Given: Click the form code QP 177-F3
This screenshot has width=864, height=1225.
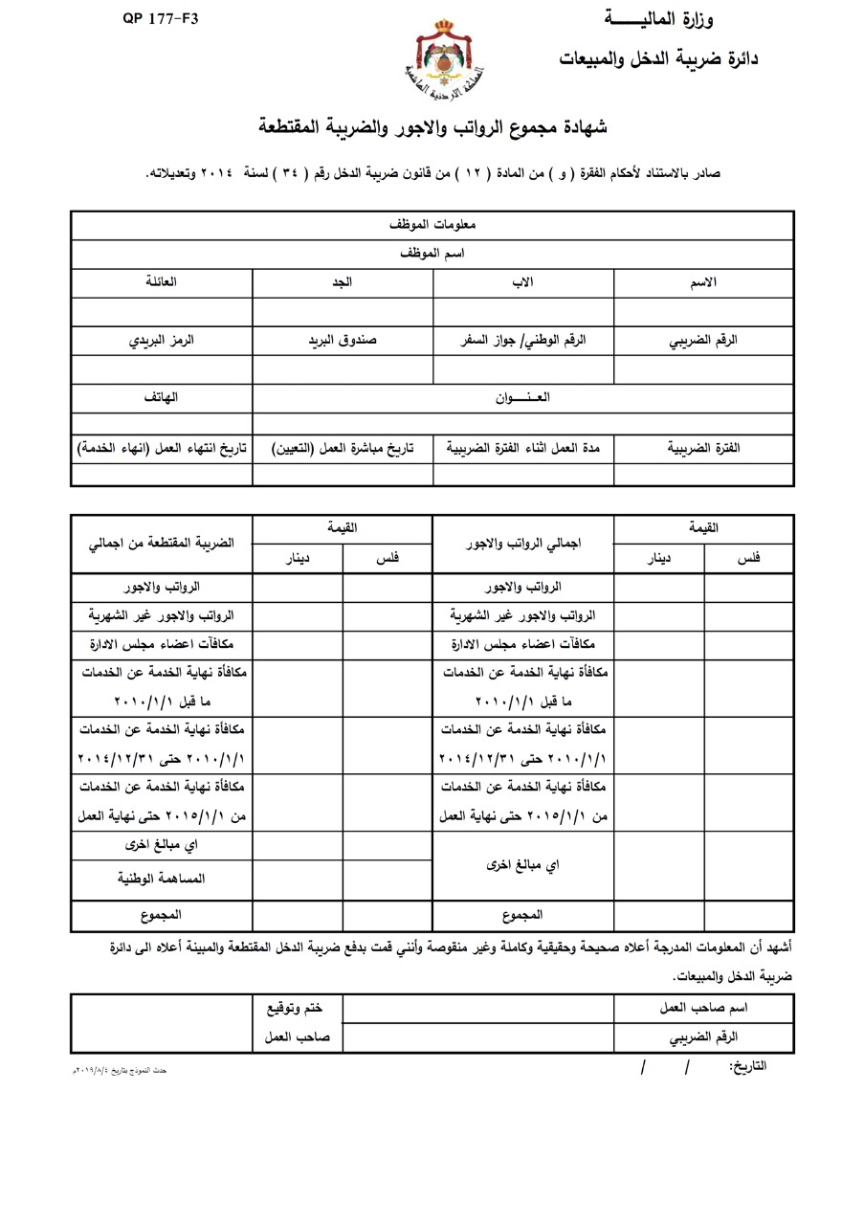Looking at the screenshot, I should pos(160,18).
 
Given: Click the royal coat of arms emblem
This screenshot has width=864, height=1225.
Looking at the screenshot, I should pos(443,58).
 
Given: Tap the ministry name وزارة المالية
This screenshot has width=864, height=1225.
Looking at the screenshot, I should pos(658,19).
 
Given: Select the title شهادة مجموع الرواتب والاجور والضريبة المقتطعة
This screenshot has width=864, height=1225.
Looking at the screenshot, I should pos(433,127).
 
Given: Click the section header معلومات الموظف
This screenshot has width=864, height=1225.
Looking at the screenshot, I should pos(432,225).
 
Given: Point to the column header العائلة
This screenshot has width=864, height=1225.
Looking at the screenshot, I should pos(161,283).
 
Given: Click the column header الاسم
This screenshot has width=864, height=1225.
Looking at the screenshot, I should pos(703,283).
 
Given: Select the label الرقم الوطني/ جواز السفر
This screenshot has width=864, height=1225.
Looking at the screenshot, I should pos(523,341).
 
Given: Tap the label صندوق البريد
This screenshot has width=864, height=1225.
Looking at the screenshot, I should pos(342,341).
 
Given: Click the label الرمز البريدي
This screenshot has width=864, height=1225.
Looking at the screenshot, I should pos(162,341).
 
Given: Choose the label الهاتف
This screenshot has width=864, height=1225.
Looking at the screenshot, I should pos(162,397).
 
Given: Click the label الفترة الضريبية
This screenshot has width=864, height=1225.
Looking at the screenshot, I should pos(703,448).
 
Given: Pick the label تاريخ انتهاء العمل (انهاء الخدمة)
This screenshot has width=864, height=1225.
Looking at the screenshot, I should pos(162,448).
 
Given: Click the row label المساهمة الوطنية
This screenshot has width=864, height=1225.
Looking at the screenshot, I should pos(162,877).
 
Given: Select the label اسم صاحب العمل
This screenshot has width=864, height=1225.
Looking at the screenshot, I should pos(704,1009).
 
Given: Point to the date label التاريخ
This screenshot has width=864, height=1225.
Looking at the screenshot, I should pos(748,1066).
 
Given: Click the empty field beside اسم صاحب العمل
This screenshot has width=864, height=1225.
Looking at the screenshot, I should pos(478,1009).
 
